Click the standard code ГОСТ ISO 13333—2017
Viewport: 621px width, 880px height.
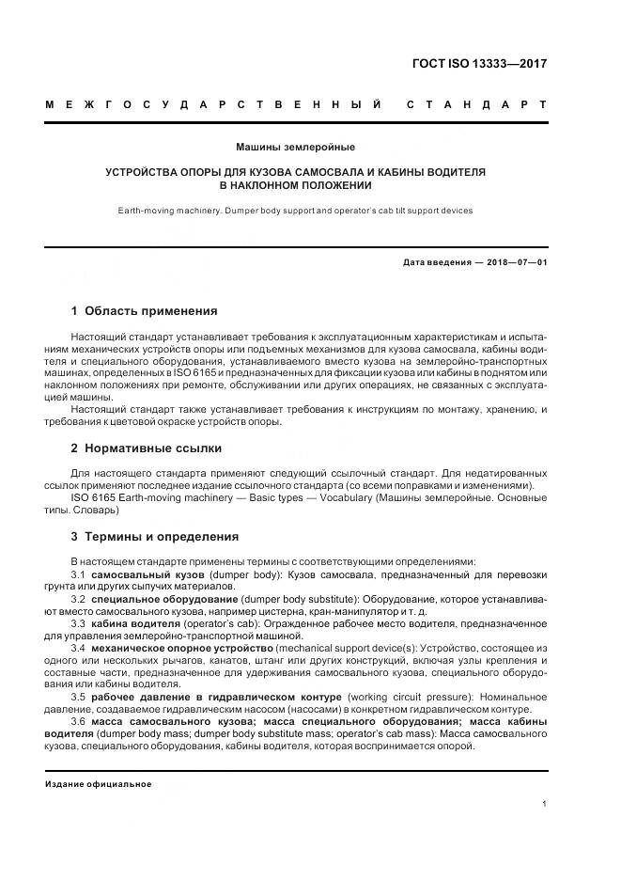(x=479, y=65)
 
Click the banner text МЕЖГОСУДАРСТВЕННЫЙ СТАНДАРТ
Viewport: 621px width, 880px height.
(x=296, y=103)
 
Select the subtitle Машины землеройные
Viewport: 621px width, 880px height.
(x=295, y=148)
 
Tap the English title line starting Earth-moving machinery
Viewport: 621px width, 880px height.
(x=295, y=211)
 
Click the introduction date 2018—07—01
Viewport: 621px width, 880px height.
(x=512, y=262)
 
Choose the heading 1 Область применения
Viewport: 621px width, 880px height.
(x=145, y=311)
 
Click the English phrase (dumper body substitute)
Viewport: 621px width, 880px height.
(x=297, y=598)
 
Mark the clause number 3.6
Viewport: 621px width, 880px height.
(x=79, y=721)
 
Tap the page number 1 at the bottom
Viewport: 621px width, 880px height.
(x=544, y=803)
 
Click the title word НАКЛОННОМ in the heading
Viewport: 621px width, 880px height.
(x=274, y=185)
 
